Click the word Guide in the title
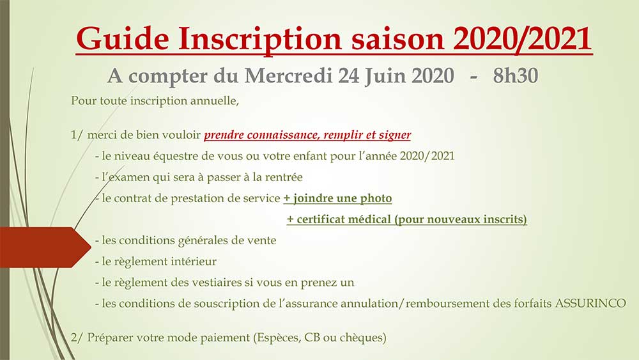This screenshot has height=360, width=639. click(123, 39)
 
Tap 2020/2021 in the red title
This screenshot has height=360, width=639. click(522, 39)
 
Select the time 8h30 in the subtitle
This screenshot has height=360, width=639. click(516, 76)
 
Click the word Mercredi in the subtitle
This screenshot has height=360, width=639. click(288, 76)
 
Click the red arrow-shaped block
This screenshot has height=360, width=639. click(45, 247)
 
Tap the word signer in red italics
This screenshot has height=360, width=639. click(395, 136)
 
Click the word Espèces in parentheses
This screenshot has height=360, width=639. click(279, 338)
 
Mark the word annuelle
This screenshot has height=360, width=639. click(214, 100)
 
